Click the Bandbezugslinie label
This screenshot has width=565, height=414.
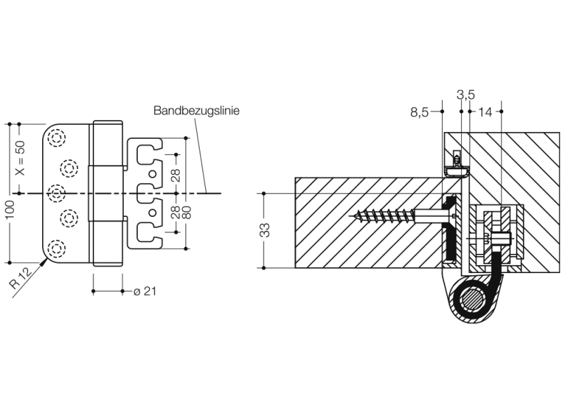197,111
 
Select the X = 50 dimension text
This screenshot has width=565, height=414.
20,158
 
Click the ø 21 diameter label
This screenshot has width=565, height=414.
144,291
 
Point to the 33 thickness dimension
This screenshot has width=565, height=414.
266,230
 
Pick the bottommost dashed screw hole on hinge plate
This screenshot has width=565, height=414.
57,247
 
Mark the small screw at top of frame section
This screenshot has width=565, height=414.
457,160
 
